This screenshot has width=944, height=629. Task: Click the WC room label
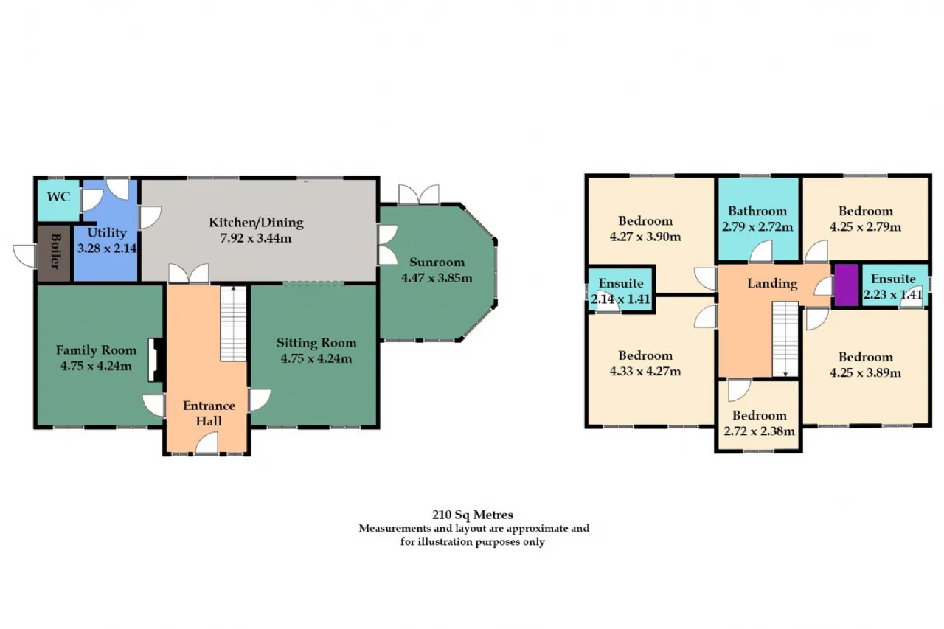tap(58, 197)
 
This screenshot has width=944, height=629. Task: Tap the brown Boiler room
tap(55, 254)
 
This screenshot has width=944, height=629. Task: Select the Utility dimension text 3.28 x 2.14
tap(107, 249)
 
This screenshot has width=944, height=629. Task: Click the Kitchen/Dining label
tap(256, 223)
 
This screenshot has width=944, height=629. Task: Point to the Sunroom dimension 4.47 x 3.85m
tap(437, 278)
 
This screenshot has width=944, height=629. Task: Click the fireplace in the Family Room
tap(155, 360)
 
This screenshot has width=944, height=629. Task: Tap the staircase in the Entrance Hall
tap(234, 324)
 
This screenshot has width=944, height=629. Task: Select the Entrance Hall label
tap(209, 413)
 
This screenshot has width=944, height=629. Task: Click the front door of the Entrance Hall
tap(207, 445)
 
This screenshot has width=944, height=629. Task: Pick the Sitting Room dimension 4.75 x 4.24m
tap(316, 358)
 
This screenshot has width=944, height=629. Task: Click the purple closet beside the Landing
tap(847, 285)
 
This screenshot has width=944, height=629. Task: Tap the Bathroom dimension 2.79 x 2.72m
tap(757, 227)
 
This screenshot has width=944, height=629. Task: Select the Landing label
tap(772, 284)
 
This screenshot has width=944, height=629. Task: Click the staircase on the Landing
tap(785, 338)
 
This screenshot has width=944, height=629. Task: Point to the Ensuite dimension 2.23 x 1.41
tap(893, 294)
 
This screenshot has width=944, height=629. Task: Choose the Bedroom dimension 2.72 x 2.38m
tap(760, 431)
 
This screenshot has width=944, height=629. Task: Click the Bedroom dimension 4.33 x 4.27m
tap(645, 371)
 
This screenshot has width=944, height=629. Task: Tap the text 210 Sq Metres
tap(473, 515)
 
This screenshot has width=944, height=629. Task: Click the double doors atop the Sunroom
tap(419, 194)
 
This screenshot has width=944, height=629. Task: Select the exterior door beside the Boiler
tap(24, 255)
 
